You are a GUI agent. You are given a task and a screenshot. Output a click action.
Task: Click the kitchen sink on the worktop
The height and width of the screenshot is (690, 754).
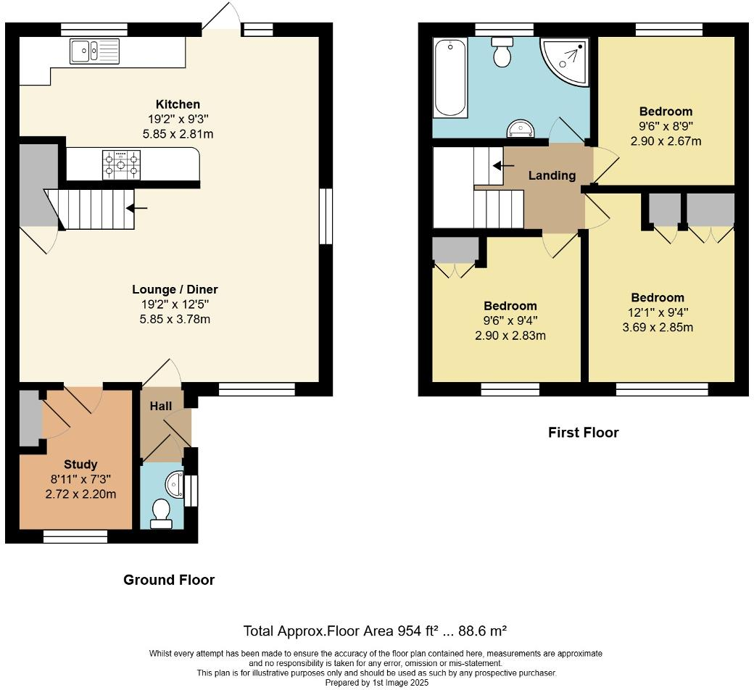(x=94, y=51)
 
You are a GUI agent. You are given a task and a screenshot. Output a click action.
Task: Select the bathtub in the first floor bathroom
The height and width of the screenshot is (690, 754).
(x=449, y=78)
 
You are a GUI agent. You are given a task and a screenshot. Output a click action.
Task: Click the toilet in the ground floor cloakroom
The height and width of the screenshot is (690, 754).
(x=160, y=513)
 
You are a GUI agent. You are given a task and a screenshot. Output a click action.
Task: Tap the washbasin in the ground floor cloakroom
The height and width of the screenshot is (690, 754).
(x=174, y=482)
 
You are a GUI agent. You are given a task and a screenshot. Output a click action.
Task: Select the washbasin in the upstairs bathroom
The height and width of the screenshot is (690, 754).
(x=521, y=129)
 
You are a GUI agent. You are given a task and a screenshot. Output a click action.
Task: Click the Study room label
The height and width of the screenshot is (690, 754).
(x=80, y=465)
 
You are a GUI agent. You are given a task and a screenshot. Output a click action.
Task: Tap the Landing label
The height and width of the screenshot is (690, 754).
(x=552, y=175)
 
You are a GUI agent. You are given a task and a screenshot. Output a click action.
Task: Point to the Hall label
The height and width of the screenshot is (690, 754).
(x=161, y=406)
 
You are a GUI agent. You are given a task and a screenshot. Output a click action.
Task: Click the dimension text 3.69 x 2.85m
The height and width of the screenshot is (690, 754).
(x=657, y=327)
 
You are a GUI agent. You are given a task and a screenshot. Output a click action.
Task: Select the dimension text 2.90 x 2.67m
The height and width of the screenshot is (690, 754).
(x=666, y=141)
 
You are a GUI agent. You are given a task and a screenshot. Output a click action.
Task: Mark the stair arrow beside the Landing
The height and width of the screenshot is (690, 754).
(x=499, y=165)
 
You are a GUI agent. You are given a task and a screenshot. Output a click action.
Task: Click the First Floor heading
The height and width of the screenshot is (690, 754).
(x=584, y=433)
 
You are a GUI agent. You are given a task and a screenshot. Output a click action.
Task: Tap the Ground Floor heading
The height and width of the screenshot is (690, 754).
(x=169, y=580)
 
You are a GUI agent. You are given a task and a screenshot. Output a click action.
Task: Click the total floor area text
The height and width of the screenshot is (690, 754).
(x=379, y=631)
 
